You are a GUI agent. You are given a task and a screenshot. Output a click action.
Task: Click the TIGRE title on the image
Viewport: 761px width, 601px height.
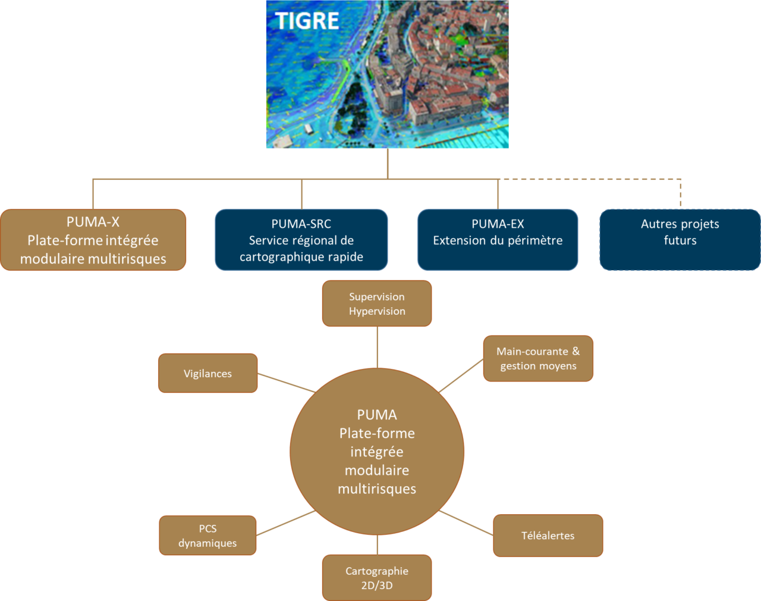(307, 21)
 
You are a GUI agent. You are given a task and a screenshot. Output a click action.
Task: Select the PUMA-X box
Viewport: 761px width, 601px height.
(93, 240)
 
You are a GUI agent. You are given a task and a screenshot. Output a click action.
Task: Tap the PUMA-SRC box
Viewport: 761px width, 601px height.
(301, 240)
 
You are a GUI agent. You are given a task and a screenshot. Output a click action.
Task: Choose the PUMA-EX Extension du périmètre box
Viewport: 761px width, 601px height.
(498, 240)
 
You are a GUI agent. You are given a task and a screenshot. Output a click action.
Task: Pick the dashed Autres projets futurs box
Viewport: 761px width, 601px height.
(680, 240)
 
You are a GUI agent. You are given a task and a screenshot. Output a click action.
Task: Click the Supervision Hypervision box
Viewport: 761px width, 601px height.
(377, 303)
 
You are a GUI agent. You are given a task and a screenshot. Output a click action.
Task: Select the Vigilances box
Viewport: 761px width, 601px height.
(207, 373)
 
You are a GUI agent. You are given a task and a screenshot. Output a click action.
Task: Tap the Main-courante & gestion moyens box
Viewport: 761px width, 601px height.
(538, 358)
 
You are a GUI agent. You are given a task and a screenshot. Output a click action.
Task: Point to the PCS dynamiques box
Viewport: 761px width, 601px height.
(207, 536)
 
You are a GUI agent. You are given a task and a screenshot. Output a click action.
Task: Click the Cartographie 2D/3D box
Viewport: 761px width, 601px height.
(377, 578)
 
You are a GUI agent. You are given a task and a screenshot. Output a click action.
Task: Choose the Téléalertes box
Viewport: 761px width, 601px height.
(548, 536)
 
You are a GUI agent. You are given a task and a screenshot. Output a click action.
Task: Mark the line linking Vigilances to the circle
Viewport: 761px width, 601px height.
(286, 383)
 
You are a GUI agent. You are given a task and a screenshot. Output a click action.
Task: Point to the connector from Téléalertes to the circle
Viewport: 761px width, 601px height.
(467, 523)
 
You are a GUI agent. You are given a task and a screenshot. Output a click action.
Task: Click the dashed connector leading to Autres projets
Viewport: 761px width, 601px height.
(595, 179)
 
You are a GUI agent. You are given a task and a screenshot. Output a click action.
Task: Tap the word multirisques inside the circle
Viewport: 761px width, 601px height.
(377, 489)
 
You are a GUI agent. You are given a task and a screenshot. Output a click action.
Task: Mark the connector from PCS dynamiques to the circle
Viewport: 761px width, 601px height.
(285, 523)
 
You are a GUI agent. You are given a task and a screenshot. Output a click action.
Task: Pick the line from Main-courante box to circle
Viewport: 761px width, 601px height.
(461, 375)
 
